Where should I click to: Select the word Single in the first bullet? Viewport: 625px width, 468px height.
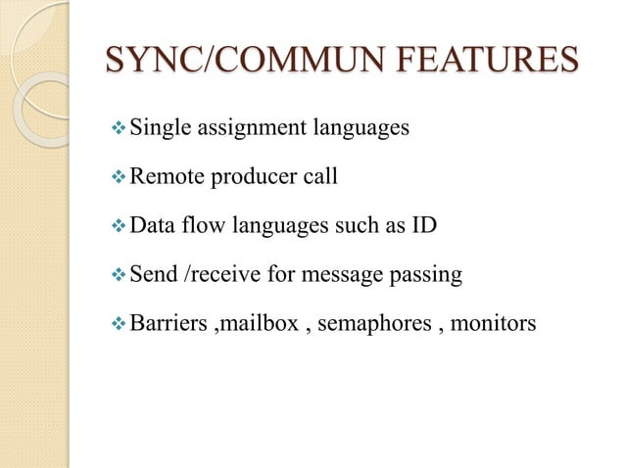coord(162,128)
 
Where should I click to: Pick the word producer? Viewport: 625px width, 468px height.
coord(251,178)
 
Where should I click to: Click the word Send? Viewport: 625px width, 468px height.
coord(153,275)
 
